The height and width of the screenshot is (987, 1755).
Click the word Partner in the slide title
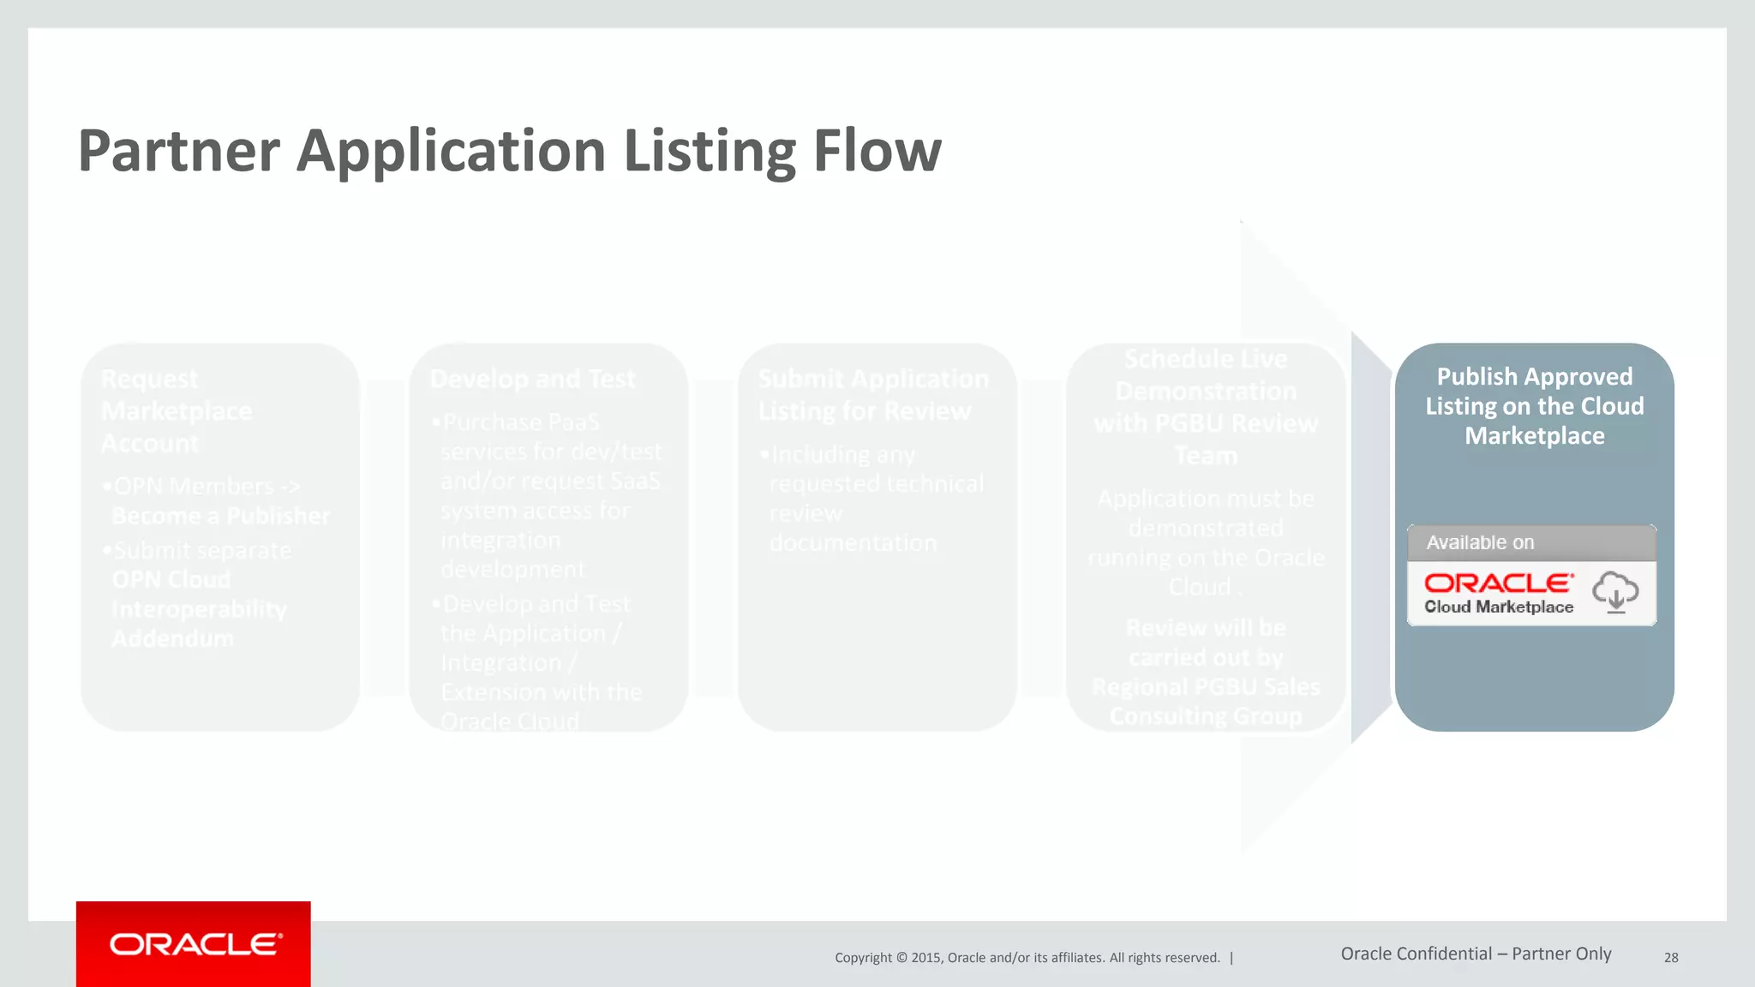178,151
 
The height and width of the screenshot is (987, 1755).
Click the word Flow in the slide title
877,151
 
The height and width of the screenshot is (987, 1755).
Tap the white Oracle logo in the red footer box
195,944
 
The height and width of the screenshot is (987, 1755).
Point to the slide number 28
1671,958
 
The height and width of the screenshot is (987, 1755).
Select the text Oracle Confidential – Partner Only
1476,954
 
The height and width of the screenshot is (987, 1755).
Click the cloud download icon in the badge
1615,592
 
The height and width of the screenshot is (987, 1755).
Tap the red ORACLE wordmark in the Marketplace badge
1499,583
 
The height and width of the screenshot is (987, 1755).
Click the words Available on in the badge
1480,542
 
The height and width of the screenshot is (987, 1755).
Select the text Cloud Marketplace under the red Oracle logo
1499,607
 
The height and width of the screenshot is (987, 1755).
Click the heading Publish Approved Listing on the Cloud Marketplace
1534,406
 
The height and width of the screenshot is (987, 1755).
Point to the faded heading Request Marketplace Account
177,411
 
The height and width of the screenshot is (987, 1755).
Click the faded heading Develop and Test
532,379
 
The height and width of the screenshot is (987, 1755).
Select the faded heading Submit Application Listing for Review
872,395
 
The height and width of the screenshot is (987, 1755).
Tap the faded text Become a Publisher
221,516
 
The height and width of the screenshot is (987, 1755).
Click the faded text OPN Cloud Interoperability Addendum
199,609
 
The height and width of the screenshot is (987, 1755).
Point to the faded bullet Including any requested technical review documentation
874,499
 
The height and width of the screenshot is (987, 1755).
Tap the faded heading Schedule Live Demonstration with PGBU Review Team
1206,407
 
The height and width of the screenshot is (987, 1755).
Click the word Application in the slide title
452,151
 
